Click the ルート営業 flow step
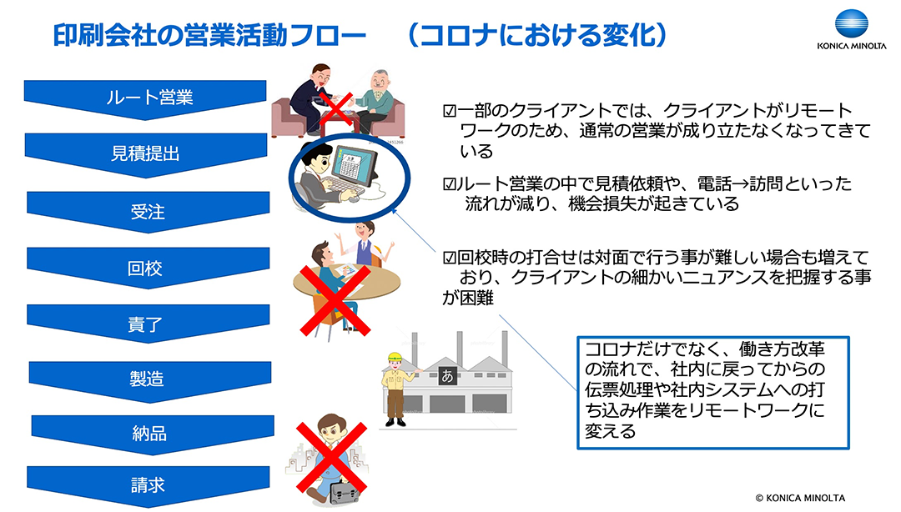pyautogui.click(x=145, y=98)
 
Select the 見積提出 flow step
pyautogui.click(x=145, y=153)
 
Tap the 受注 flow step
pyautogui.click(x=148, y=211)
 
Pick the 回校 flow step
pyautogui.click(x=148, y=267)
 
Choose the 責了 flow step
pyautogui.click(x=148, y=323)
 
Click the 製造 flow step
pyautogui.click(x=149, y=379)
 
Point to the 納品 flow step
pyautogui.click(x=152, y=433)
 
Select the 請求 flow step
pyautogui.click(x=148, y=485)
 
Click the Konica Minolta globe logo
pyautogui.click(x=852, y=25)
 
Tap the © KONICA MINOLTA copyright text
pyautogui.click(x=800, y=498)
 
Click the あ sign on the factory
pyautogui.click(x=447, y=376)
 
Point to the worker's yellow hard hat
pyautogui.click(x=394, y=356)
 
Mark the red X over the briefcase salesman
pyautogui.click(x=331, y=458)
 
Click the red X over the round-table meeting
pyautogui.click(x=336, y=300)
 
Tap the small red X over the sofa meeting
pyautogui.click(x=335, y=108)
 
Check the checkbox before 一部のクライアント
pyautogui.click(x=449, y=111)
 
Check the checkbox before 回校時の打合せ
pyautogui.click(x=449, y=258)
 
